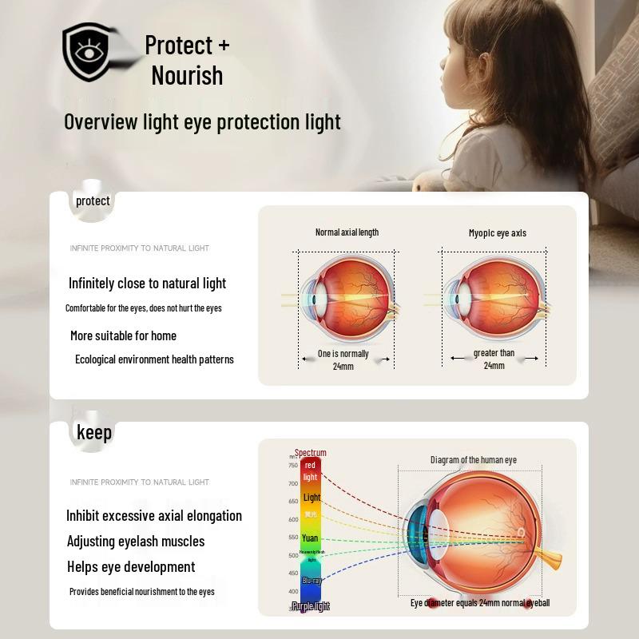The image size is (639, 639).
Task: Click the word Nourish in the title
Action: (x=187, y=75)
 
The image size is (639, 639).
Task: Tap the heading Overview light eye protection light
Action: (x=202, y=121)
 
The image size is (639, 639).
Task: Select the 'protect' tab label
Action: (x=93, y=200)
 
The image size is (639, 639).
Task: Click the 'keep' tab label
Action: (x=94, y=432)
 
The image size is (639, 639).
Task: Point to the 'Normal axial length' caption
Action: (x=347, y=232)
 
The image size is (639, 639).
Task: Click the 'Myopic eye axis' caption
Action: (x=497, y=233)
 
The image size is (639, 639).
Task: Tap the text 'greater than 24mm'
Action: (x=494, y=359)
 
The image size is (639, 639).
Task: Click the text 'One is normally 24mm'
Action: (x=343, y=359)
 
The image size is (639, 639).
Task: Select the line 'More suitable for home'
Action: (x=123, y=335)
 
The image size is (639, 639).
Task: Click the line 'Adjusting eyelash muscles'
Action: (x=136, y=541)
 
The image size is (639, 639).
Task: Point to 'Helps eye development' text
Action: (x=131, y=566)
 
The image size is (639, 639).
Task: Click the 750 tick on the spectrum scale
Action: (x=293, y=465)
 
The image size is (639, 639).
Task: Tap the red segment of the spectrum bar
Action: (x=310, y=470)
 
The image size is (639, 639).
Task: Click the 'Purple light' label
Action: (x=311, y=607)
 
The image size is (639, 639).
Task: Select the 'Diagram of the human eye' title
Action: (x=474, y=460)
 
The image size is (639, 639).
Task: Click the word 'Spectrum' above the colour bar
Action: (x=310, y=453)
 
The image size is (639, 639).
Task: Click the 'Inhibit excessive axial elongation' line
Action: (x=154, y=515)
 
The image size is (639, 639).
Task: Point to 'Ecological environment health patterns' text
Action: (x=154, y=359)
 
